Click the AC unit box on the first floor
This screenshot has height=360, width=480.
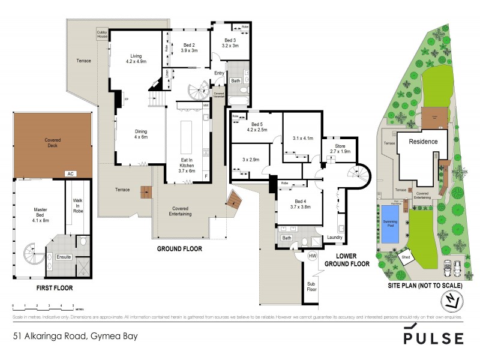pyautogui.click(x=70, y=173)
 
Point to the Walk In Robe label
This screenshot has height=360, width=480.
pyautogui.click(x=78, y=206)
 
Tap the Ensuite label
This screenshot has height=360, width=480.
pyautogui.click(x=64, y=257)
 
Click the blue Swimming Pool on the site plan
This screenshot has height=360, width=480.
pyautogui.click(x=391, y=224)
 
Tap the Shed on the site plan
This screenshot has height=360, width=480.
pyautogui.click(x=406, y=258)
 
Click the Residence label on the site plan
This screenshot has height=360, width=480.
pyautogui.click(x=428, y=142)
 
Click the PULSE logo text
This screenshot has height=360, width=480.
pyautogui.click(x=434, y=337)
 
